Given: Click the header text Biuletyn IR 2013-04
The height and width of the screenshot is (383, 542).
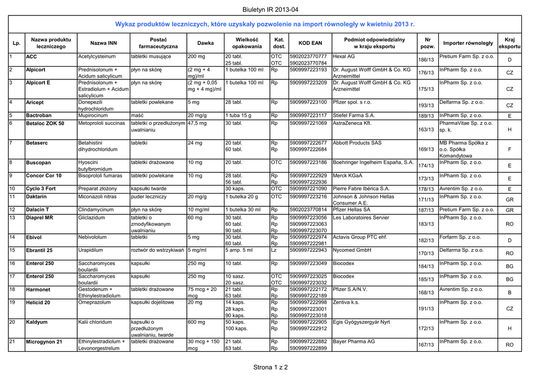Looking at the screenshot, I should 270,10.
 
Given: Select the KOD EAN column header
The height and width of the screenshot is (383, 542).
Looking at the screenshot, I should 310,43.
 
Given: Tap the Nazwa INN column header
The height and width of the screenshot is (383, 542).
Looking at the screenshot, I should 104,43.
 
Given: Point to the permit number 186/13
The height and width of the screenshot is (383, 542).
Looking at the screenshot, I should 426,60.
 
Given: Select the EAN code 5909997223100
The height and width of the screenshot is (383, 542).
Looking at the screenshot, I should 309,102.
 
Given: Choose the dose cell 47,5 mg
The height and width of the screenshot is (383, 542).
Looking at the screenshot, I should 197,123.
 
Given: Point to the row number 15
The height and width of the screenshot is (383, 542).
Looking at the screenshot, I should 12,250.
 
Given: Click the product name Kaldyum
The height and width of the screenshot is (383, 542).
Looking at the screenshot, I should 37,322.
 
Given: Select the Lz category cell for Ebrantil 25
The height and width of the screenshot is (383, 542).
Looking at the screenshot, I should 274,250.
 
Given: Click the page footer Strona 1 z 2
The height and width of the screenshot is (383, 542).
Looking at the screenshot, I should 270,367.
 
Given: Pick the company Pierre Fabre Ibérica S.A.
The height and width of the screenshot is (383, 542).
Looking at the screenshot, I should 361,188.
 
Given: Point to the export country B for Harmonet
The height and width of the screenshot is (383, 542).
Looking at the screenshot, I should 510,293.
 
